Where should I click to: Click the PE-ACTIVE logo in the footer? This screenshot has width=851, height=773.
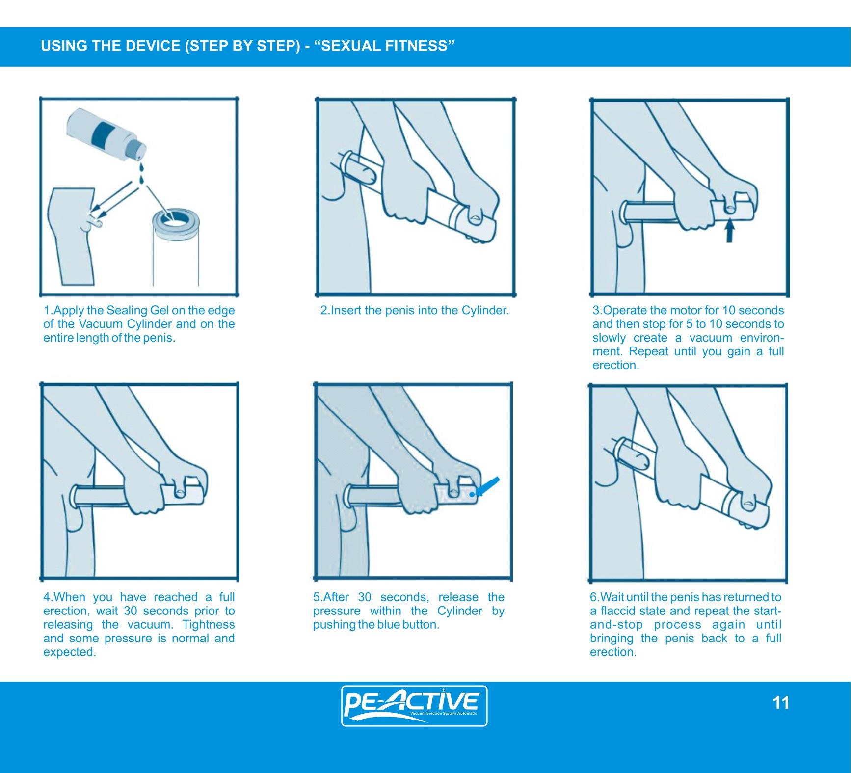[x=414, y=706]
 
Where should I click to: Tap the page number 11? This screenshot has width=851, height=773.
[x=781, y=703]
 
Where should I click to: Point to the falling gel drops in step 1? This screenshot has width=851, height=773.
[x=141, y=170]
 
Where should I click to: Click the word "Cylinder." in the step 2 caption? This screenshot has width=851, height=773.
[x=485, y=310]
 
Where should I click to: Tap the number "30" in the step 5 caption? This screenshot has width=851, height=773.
[x=365, y=597]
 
